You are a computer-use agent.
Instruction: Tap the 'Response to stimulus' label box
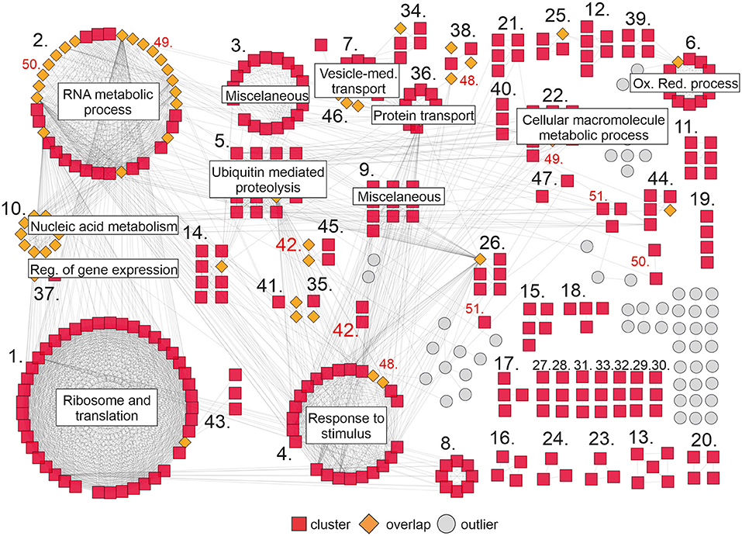pos(347,426)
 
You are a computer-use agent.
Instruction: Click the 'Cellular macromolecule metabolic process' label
pos(594,127)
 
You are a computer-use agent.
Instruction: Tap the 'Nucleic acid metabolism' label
pos(102,227)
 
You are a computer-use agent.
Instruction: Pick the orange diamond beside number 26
pos(480,258)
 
